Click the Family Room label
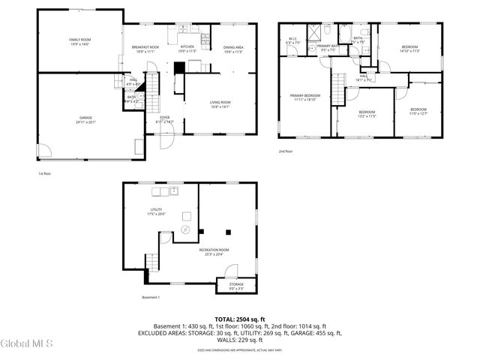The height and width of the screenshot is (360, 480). (80, 40)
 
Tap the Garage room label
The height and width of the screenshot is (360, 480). (86, 119)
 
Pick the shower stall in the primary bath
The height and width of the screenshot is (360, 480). (328, 31)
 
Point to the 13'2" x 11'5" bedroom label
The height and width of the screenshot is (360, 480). (366, 114)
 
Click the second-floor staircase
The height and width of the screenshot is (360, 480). (338, 81)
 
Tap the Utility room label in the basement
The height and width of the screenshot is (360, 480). (157, 211)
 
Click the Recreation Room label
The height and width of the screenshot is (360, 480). (214, 252)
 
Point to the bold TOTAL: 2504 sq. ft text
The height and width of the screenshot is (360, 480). (240, 319)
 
